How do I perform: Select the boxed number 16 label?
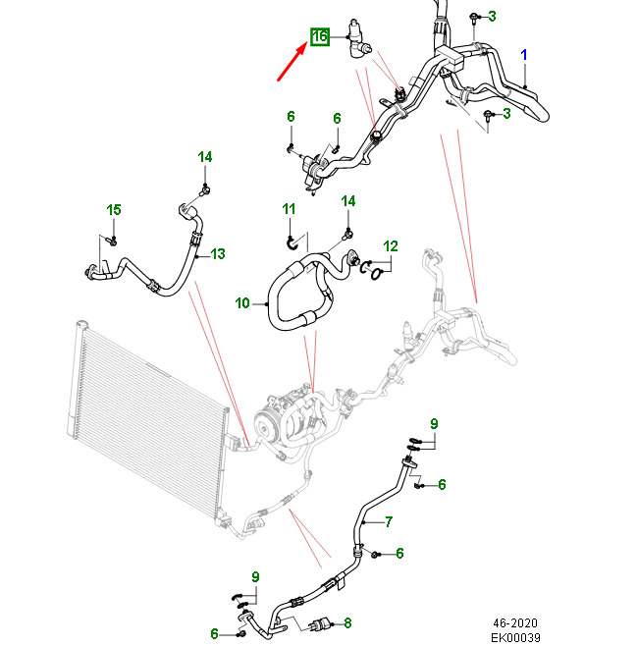click(319, 37)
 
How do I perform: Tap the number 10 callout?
click(242, 303)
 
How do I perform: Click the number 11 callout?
click(289, 209)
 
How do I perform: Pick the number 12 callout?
click(391, 245)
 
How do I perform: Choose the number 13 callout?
click(217, 254)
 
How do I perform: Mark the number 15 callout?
click(114, 210)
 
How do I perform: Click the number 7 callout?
click(388, 521)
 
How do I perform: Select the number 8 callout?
click(347, 621)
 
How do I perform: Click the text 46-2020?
click(516, 621)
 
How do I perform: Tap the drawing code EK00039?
click(515, 636)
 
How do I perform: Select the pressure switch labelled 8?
click(322, 622)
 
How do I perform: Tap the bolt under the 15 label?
click(111, 239)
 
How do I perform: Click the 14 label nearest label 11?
click(347, 201)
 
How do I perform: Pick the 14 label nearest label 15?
click(204, 157)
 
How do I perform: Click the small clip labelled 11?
click(292, 239)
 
